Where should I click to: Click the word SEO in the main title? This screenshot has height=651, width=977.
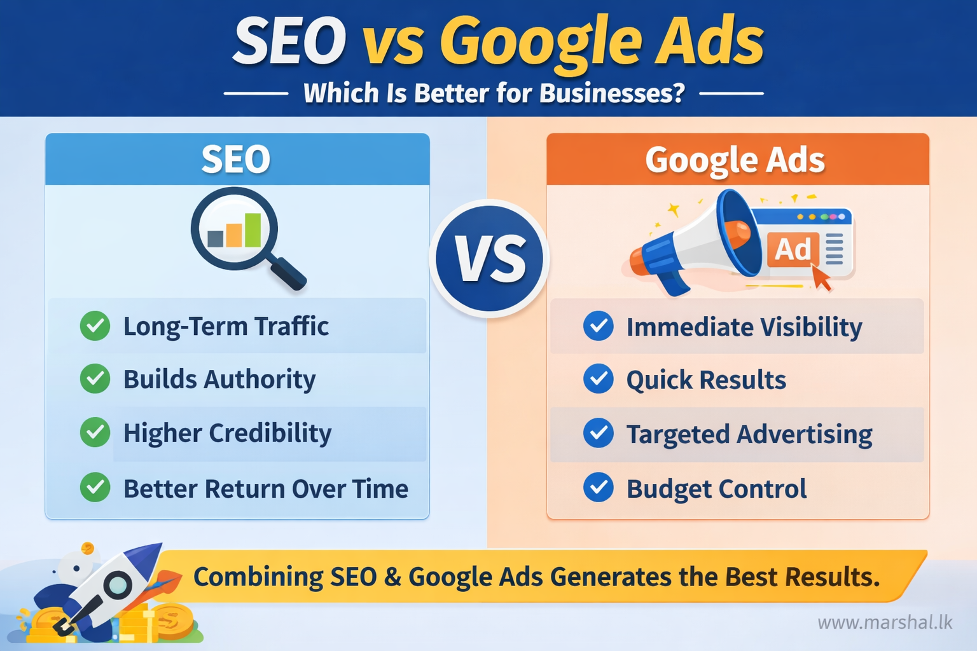[x=289, y=42]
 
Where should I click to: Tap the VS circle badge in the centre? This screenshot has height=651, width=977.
[x=489, y=259]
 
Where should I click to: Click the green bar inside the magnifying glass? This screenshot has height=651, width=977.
[x=253, y=230]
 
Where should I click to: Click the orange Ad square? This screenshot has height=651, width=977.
[x=793, y=249]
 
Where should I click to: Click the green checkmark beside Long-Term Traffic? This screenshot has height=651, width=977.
[x=95, y=326]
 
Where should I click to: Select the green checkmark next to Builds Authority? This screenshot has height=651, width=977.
[x=95, y=379]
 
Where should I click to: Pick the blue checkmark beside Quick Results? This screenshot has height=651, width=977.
[x=598, y=380]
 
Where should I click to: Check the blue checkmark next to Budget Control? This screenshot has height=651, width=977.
[x=598, y=488]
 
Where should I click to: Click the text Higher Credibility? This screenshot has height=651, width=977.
[x=227, y=434]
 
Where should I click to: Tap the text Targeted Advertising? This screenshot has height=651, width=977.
[x=749, y=435]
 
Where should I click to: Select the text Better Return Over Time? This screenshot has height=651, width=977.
[x=266, y=489]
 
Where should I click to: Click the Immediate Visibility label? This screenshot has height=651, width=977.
[x=744, y=327]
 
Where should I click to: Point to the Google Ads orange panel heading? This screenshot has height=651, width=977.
[x=735, y=160]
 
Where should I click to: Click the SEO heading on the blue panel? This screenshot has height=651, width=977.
[x=236, y=160]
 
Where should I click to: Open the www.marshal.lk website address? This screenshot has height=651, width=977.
[x=885, y=622]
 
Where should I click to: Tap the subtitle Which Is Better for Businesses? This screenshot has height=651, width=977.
[x=494, y=93]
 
